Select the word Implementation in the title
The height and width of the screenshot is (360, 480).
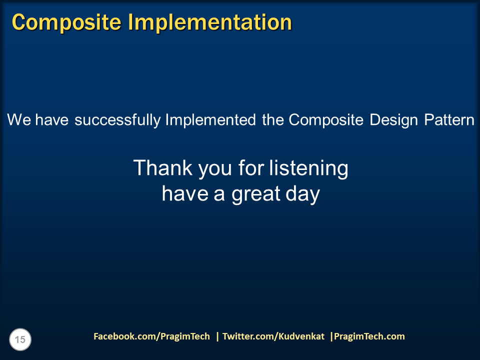(210, 22)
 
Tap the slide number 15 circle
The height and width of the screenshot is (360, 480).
(20, 340)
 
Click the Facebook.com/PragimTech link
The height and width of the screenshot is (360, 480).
(151, 336)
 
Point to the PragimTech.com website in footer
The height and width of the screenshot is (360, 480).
(369, 336)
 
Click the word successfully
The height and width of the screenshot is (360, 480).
(118, 120)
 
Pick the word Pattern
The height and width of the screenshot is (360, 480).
(449, 120)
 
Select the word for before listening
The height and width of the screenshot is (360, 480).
(251, 168)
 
